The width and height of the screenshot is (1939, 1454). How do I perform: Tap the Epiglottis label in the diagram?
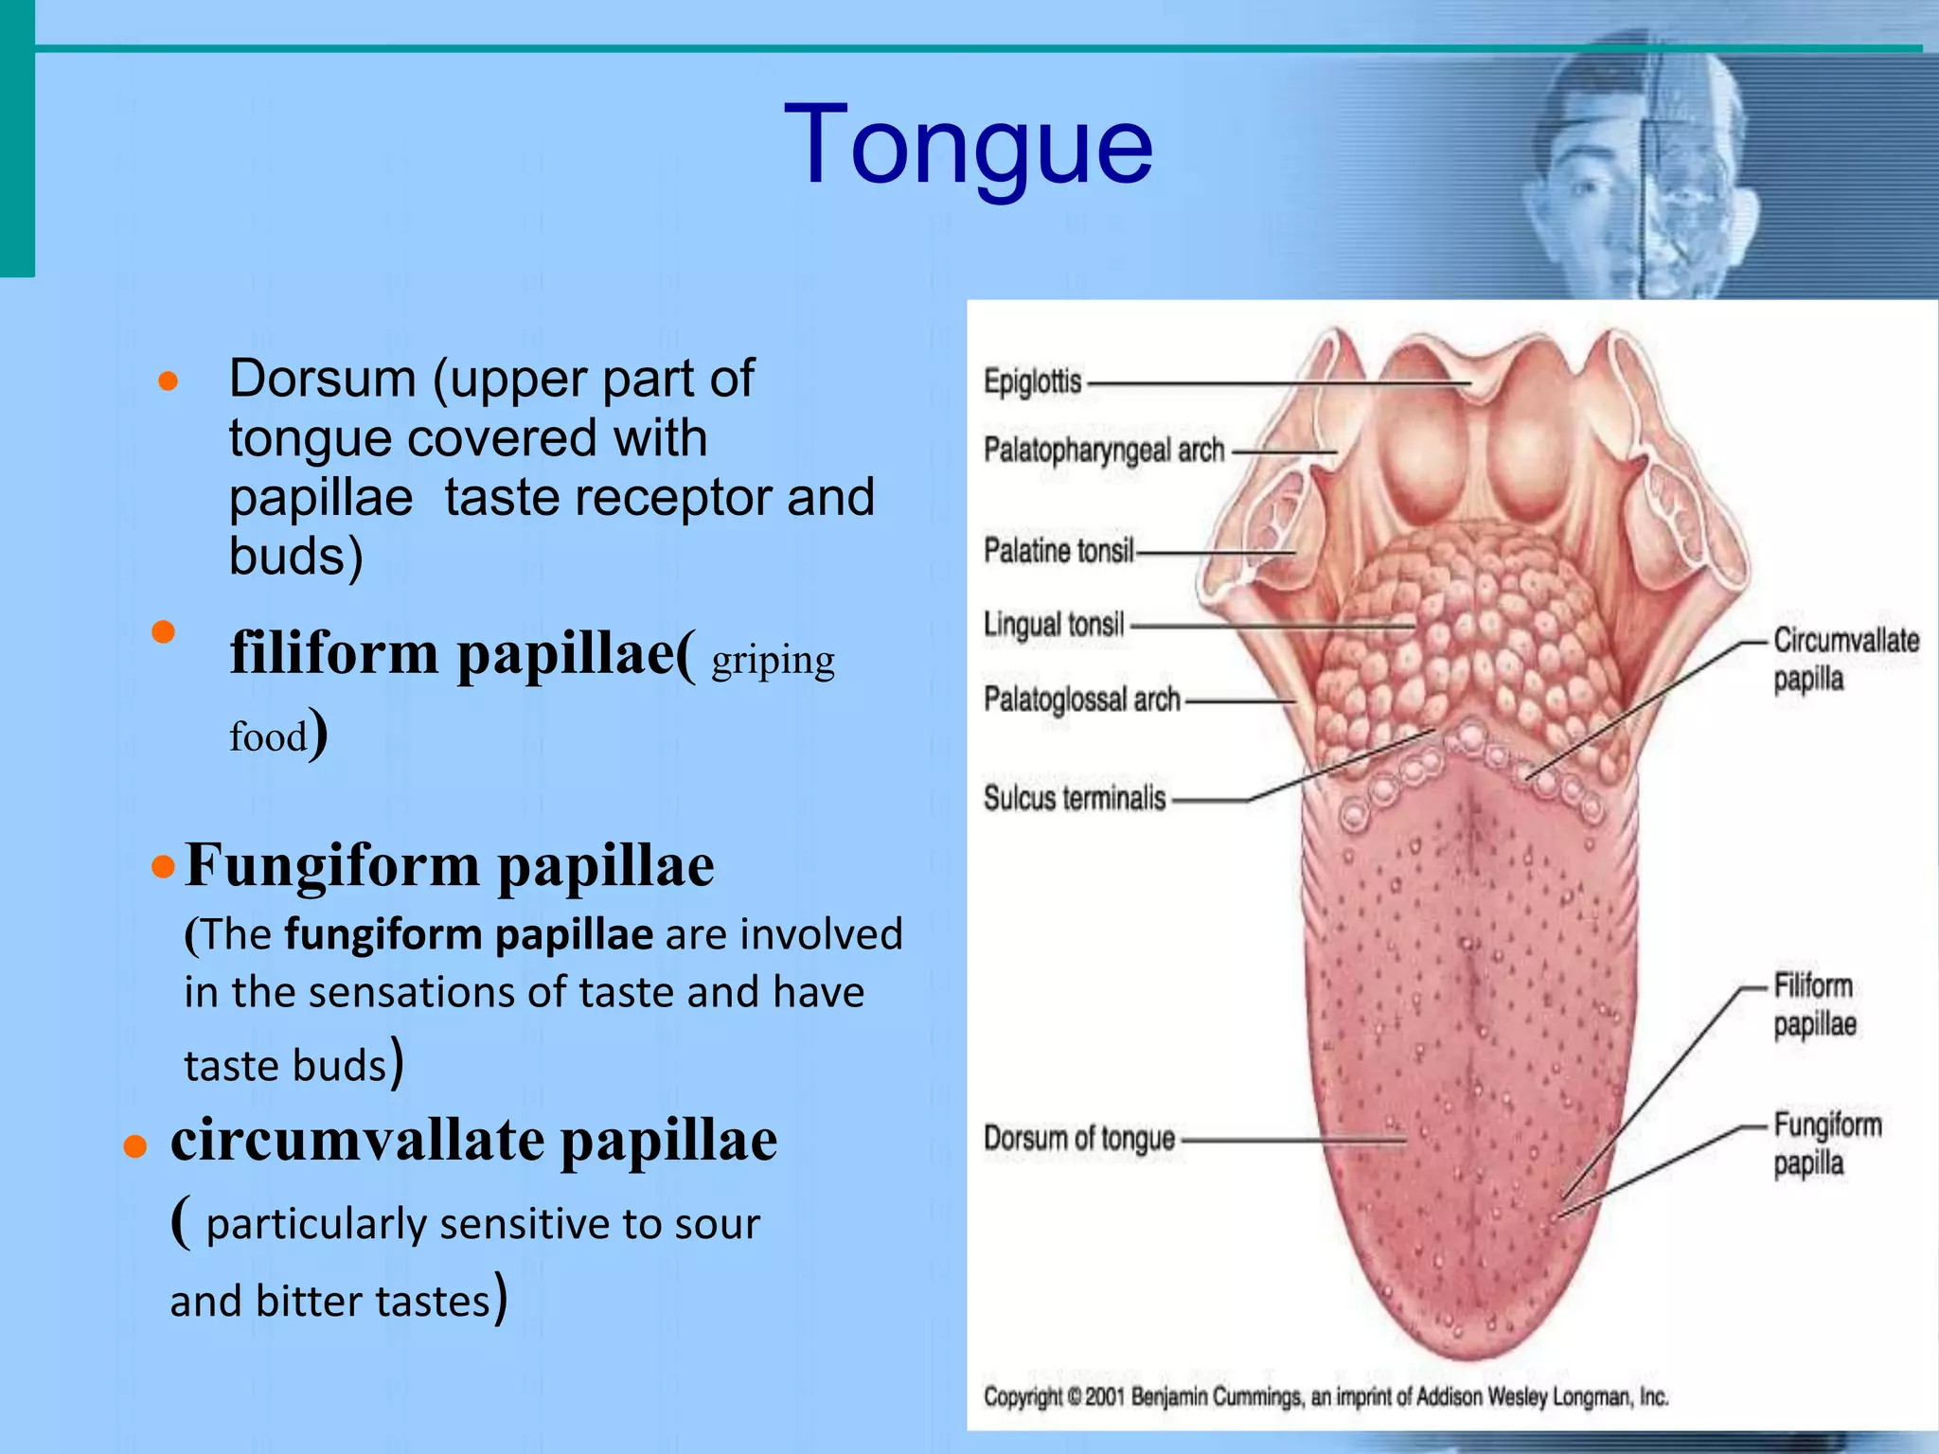click(1032, 381)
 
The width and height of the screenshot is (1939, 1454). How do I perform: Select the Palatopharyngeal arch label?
click(1104, 451)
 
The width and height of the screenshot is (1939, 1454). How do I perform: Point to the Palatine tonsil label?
click(1058, 550)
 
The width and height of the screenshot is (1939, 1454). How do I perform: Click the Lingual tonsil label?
click(1054, 625)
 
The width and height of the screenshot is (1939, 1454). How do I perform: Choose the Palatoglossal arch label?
click(1082, 700)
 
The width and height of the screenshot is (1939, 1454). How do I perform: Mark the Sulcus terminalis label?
click(1075, 798)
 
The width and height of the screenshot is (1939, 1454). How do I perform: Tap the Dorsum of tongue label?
click(1079, 1139)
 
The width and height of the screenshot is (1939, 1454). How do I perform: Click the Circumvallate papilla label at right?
click(1845, 659)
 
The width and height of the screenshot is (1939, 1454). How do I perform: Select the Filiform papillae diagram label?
click(1814, 1004)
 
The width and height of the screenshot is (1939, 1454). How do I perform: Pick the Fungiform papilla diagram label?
click(1826, 1144)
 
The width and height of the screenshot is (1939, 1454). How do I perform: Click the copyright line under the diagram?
click(1325, 1396)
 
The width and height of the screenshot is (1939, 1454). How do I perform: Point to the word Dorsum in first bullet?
click(322, 379)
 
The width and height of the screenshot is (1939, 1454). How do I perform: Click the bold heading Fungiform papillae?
click(450, 865)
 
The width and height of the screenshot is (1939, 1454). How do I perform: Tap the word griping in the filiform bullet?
click(773, 661)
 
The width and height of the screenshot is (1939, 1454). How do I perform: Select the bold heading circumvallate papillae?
click(473, 1140)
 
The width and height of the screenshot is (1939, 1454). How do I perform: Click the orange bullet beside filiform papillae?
click(164, 632)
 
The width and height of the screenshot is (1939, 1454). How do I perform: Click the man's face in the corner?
click(1638, 180)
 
